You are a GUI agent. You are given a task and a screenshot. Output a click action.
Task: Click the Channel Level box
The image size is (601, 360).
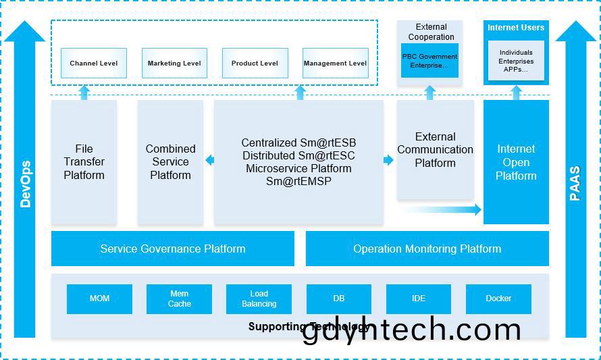[x=93, y=63]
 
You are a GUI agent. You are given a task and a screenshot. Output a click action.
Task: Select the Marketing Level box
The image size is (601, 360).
[x=174, y=63]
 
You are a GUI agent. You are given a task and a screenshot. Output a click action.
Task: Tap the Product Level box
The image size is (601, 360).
[x=255, y=63]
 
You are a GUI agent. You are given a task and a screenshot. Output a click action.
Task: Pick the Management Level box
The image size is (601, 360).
[x=336, y=63]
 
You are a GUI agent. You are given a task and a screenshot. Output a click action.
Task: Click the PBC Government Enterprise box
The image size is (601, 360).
[x=429, y=61]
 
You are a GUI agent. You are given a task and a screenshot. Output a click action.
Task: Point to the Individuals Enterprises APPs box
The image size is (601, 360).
[x=516, y=61]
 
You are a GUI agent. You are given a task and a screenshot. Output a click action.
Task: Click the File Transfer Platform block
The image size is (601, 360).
[x=84, y=162]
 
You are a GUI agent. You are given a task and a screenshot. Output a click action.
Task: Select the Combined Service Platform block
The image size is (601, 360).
[x=171, y=162]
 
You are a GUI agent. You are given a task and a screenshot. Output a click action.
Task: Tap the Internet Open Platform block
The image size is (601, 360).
[x=516, y=162]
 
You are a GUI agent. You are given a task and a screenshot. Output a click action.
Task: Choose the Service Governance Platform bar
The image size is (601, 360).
[x=173, y=249]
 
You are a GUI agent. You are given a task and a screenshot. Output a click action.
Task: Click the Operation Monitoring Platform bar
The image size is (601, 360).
[x=427, y=249]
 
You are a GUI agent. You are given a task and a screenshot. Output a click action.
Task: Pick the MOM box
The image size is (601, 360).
[x=100, y=299]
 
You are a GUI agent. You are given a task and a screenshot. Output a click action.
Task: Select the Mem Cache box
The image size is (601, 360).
[x=179, y=299]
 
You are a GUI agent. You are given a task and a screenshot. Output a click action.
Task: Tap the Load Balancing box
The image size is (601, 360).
[x=259, y=299]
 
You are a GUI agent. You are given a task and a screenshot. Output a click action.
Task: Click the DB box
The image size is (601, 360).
[x=339, y=299]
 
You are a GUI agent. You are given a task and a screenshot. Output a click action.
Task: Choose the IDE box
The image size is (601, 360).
[x=419, y=299]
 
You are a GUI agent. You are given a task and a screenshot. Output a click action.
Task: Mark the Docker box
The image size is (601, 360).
[x=498, y=299]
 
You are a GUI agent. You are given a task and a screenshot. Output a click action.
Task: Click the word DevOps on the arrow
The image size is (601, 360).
[x=25, y=184]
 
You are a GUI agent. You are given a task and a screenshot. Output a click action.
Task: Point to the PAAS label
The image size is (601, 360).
[x=575, y=183]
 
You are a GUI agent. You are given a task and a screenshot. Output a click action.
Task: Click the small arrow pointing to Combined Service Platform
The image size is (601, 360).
[x=209, y=160]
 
